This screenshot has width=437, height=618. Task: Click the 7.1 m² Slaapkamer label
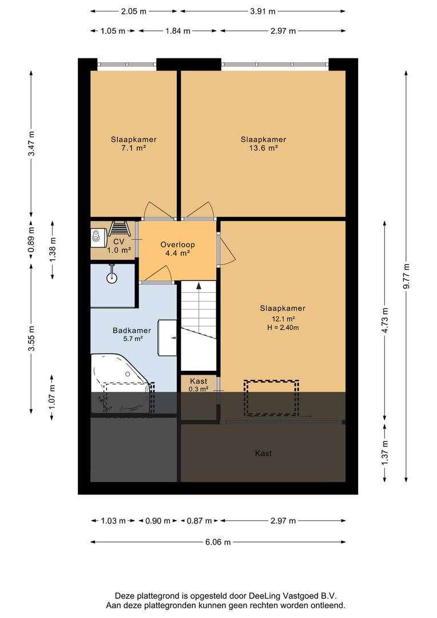134,144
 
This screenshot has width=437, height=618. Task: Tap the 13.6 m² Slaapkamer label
263,144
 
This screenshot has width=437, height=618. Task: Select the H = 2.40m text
283,327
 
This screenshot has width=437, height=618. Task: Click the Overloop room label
177,249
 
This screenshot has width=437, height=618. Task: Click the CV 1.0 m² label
119,245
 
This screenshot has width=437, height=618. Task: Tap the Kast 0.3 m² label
198,385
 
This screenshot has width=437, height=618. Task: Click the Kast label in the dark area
263,453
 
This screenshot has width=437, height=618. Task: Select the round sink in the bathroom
112,278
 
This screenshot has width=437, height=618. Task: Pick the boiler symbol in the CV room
97,236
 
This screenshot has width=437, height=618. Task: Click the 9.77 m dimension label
406,276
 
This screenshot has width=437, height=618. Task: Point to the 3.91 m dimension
263,11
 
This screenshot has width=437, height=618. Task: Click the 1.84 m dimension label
178,31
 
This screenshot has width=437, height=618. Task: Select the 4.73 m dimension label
385,320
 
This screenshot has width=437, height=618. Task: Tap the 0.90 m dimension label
158,521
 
